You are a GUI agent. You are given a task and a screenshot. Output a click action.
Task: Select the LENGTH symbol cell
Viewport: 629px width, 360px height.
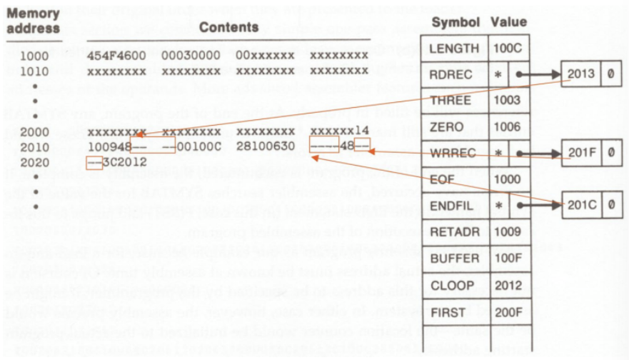(453, 49)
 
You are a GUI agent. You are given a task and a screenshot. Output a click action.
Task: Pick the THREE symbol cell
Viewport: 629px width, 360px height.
(451, 101)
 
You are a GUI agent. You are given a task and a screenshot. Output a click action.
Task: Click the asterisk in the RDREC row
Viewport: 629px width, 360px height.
(497, 74)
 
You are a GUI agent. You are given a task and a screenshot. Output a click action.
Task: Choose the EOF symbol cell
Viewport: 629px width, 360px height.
(443, 179)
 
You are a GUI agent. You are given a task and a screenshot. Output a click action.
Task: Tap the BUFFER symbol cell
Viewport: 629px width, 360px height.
(452, 258)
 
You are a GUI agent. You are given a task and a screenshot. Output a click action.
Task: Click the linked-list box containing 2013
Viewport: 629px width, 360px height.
(580, 74)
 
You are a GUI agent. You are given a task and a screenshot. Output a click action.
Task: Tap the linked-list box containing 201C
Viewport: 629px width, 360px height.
(580, 205)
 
